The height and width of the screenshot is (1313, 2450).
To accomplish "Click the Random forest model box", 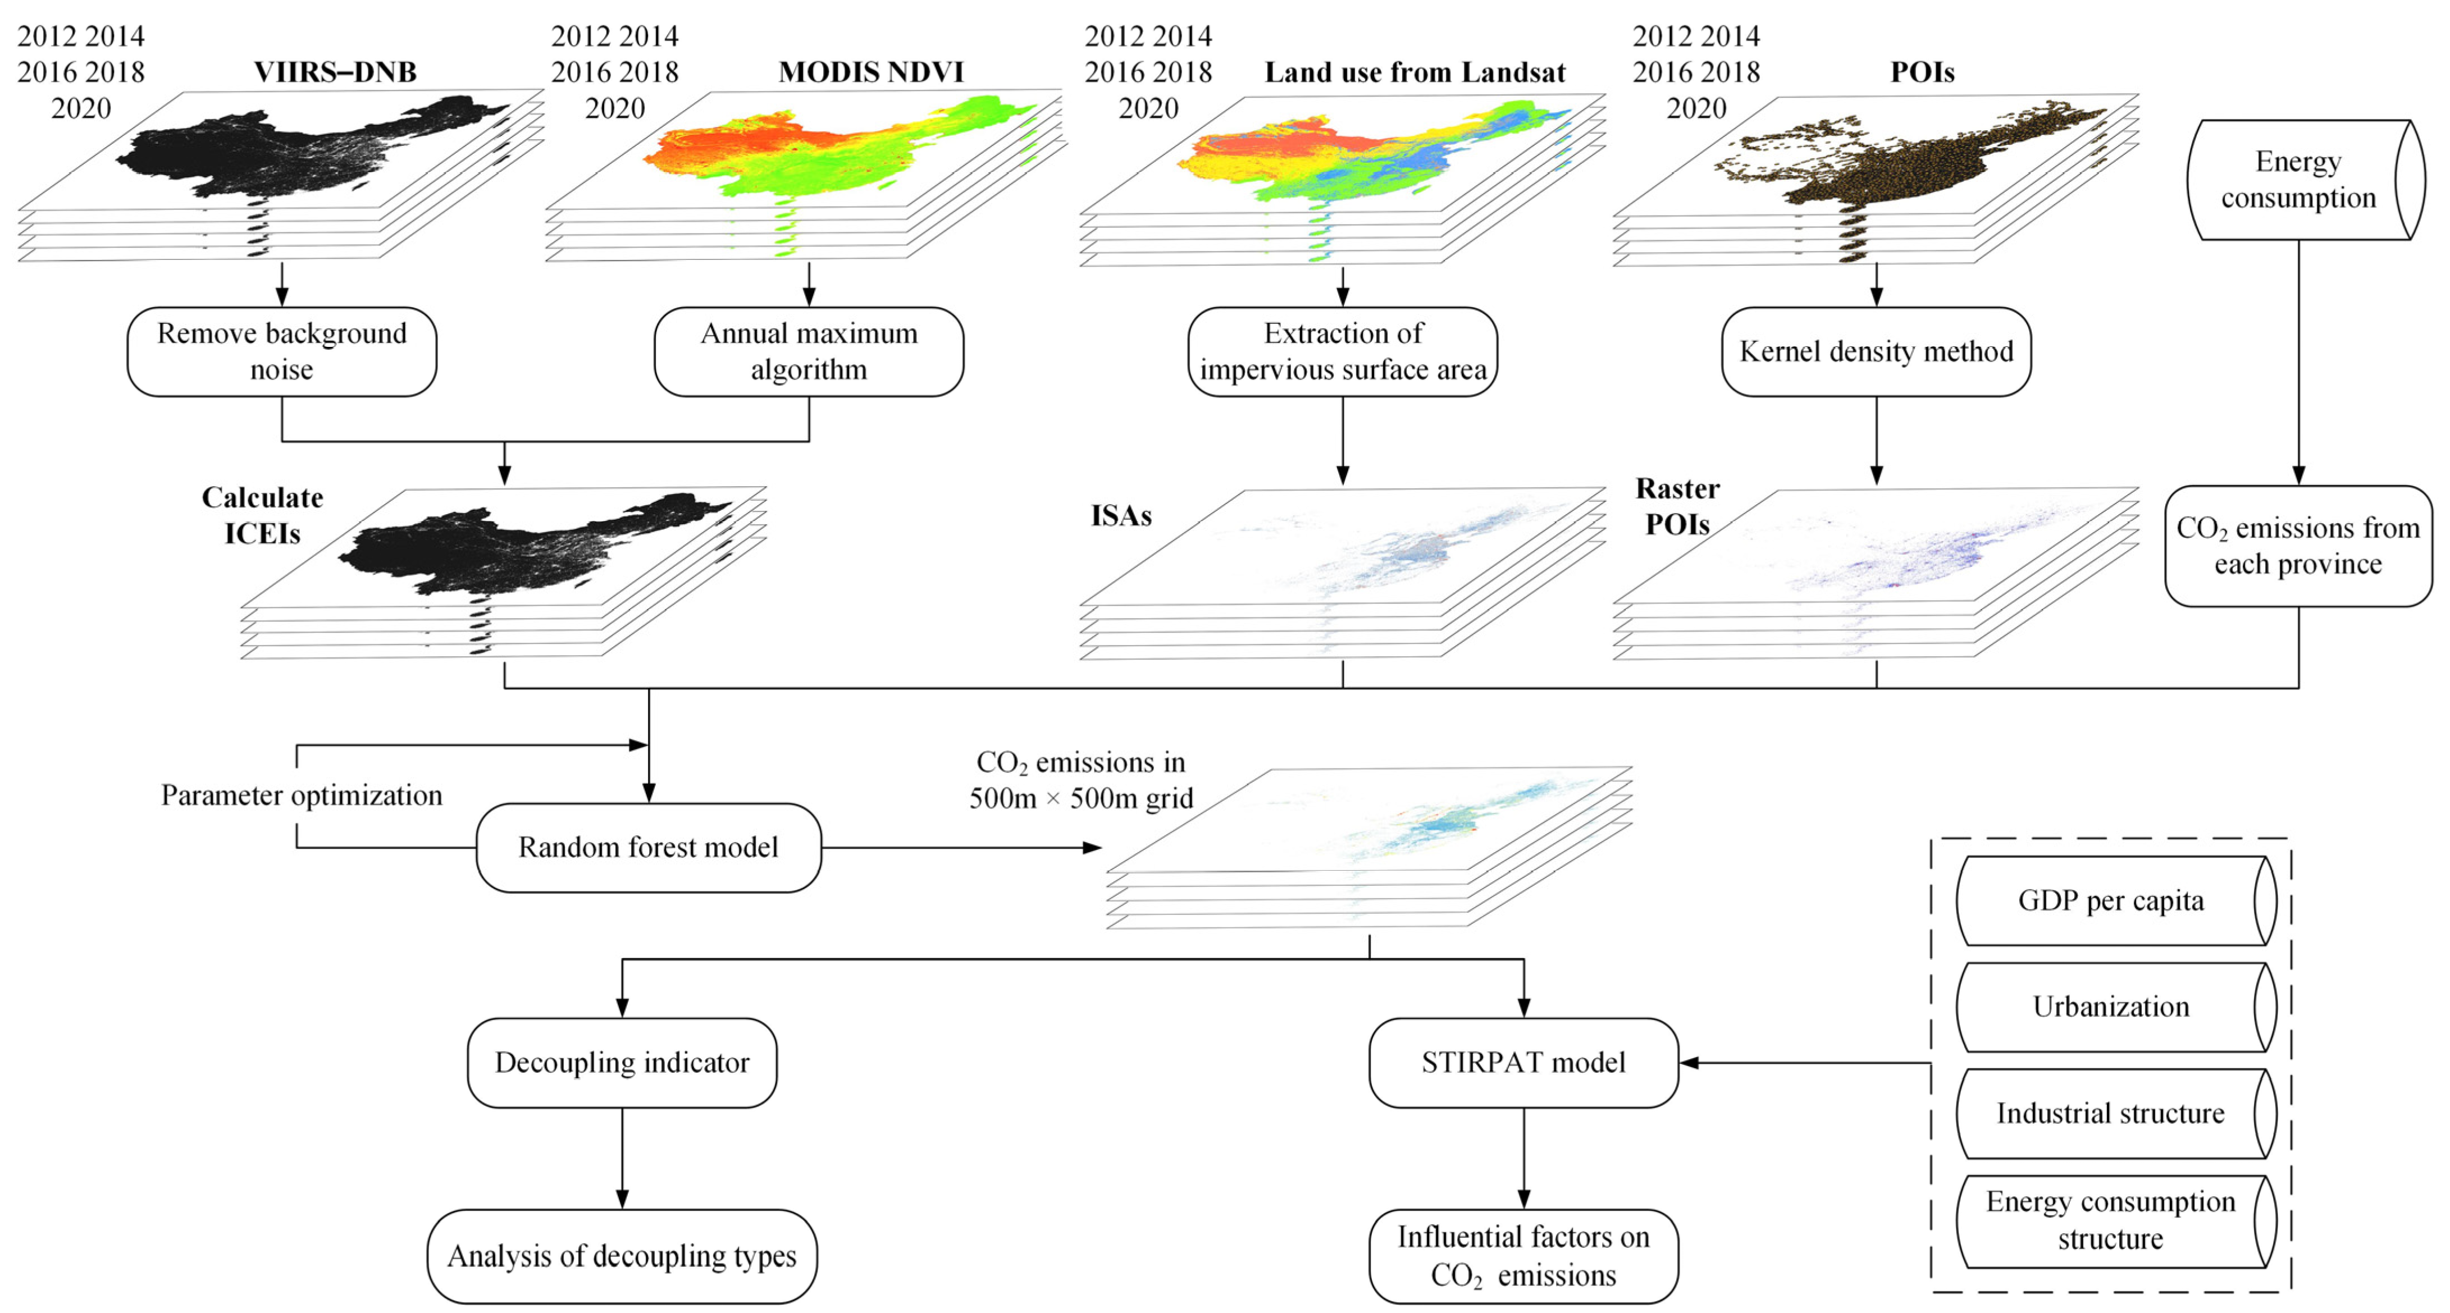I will [647, 847].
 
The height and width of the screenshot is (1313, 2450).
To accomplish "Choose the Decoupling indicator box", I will [622, 1062].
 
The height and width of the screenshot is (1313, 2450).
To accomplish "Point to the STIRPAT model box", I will [1523, 1062].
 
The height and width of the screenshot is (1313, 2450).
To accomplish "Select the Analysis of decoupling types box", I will [622, 1256].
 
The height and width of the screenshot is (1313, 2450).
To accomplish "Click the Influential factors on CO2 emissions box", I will [1523, 1256].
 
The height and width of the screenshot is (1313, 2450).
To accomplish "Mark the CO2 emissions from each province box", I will [2298, 546].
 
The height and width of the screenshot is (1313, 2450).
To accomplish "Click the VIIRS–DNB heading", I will [335, 72].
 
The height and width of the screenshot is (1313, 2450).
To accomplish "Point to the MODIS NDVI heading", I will [870, 72].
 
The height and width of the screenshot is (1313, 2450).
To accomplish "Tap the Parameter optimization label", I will [302, 795].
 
